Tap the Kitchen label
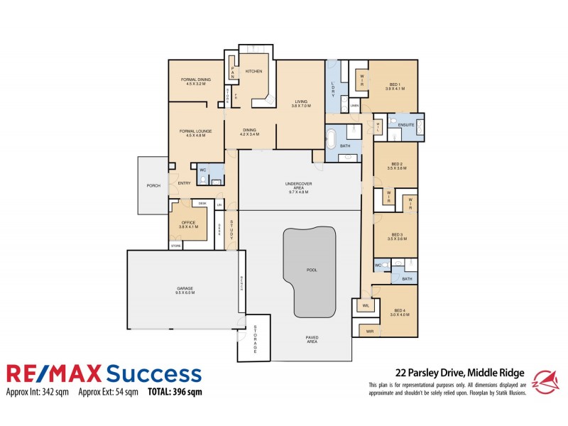(x=253, y=71)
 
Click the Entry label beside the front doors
(x=184, y=183)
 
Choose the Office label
(x=188, y=222)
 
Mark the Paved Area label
(x=312, y=339)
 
